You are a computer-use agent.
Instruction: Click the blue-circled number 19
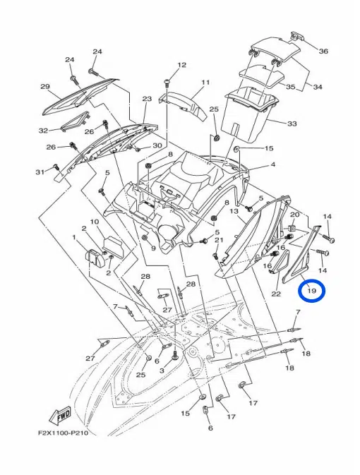point(312,291)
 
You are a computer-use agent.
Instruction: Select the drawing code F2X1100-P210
point(63,433)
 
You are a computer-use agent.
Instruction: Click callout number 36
point(323,51)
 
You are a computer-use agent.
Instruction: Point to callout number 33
point(292,124)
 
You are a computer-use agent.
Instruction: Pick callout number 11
point(205,82)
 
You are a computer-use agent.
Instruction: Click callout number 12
point(182,65)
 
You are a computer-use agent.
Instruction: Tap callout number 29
point(45,87)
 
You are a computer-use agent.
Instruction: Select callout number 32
point(43,131)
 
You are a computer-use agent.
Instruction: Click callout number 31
point(40,172)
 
